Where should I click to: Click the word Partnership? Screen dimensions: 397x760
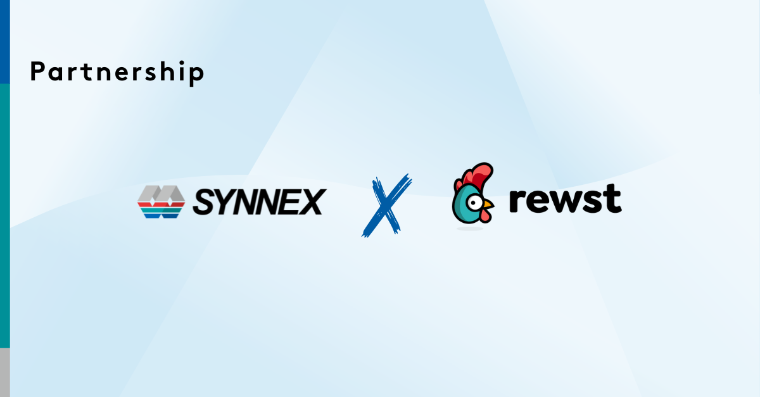click(x=117, y=73)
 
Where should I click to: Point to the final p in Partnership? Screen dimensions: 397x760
click(x=197, y=75)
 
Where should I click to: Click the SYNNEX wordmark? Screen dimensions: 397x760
click(x=258, y=202)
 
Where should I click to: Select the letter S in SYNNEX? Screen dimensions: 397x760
click(x=204, y=202)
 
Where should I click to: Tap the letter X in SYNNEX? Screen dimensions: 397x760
click(x=310, y=202)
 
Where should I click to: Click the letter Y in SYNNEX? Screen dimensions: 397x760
click(x=225, y=202)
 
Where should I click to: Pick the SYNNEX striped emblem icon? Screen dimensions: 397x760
click(x=161, y=202)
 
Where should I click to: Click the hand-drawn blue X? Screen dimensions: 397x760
click(x=386, y=206)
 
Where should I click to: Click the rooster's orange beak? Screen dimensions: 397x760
click(x=486, y=205)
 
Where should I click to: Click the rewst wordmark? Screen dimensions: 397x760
click(x=565, y=199)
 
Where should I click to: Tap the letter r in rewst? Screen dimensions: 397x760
click(x=518, y=202)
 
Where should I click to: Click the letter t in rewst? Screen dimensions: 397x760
click(x=612, y=199)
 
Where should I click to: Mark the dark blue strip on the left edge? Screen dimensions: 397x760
click(x=4, y=41)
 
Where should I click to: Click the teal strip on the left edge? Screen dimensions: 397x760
click(x=4, y=215)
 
